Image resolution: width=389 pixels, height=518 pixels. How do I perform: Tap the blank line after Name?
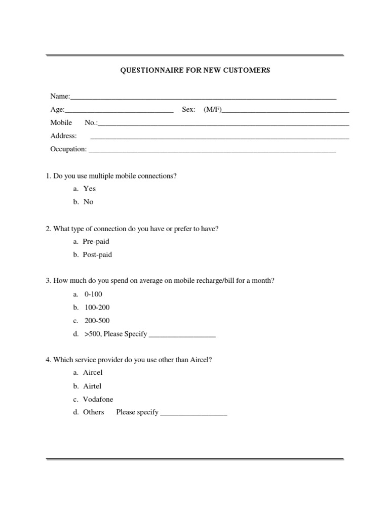point(203,98)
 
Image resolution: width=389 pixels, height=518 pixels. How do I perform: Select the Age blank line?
point(119,111)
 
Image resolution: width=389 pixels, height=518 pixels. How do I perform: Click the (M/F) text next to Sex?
point(213,109)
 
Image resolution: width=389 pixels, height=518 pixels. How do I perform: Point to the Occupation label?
point(68,149)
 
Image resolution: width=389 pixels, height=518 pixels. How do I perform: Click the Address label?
point(64,136)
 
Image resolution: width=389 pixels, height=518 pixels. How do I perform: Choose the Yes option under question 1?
point(89,189)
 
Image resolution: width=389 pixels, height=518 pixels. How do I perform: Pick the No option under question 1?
point(89,202)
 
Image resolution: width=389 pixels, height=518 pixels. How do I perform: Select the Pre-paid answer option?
point(96,241)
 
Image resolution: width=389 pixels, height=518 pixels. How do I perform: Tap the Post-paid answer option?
point(97,254)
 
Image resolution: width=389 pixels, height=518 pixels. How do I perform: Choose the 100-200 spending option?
point(97,307)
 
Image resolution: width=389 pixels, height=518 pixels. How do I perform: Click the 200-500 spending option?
point(97,320)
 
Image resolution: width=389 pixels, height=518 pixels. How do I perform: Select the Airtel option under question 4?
point(92,386)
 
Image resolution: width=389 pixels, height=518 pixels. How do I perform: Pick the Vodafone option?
point(98,399)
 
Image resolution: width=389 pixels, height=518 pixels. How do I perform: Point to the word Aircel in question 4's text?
point(201,360)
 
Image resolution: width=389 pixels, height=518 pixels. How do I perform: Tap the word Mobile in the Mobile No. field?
point(61,122)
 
